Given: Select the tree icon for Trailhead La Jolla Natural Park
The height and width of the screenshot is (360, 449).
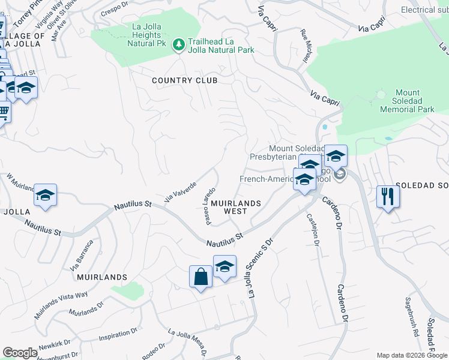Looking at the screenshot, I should tap(178, 45).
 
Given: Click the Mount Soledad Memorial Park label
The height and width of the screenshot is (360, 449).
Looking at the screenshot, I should tap(408, 101).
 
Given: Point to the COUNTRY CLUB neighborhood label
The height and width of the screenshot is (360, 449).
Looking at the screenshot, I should tap(184, 80).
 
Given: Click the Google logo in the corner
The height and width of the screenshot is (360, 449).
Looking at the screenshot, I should tap(20, 353).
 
